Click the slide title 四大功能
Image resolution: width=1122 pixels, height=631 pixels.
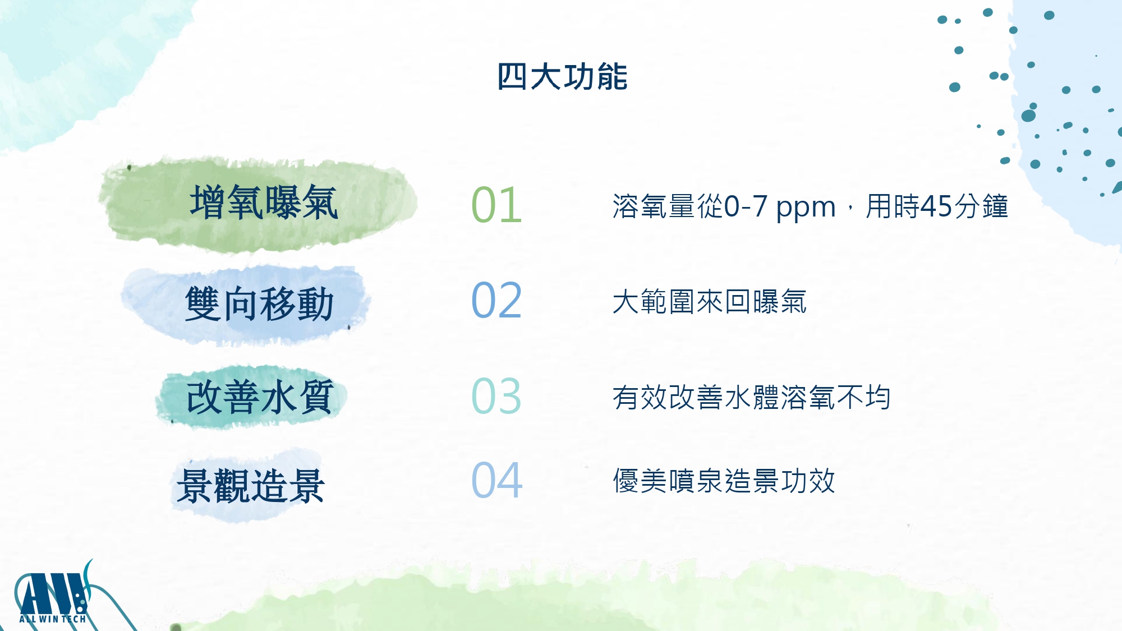click(562, 76)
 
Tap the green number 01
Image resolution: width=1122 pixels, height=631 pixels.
click(496, 205)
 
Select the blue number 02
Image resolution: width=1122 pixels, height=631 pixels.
click(496, 300)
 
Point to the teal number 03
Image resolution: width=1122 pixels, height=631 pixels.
click(496, 395)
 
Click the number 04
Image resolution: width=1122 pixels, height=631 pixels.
click(496, 480)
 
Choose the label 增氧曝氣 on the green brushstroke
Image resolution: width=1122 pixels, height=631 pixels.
click(264, 202)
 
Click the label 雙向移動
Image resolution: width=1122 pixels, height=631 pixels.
click(259, 303)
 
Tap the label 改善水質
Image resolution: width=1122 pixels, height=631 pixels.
click(260, 397)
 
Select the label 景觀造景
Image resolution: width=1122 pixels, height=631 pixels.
click(250, 486)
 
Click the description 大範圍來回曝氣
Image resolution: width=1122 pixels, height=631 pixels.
click(710, 302)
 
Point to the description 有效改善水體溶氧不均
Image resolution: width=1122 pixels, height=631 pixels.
click(751, 397)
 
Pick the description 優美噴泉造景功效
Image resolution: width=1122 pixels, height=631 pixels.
click(724, 481)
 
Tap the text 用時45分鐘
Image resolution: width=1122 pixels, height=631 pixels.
click(937, 206)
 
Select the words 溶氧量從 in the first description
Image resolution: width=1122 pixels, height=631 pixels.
click(668, 206)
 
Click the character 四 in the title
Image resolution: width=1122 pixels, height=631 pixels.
click(512, 76)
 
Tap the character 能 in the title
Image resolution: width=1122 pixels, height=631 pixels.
click(612, 76)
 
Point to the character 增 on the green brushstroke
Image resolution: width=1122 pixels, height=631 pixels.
click(208, 202)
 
